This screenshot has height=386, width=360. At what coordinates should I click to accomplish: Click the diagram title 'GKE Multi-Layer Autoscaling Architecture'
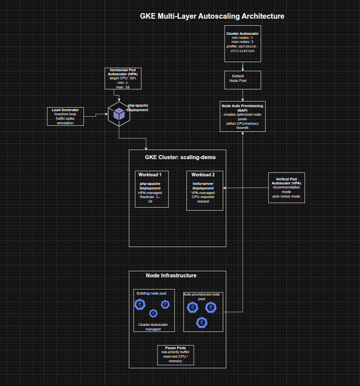click(x=212, y=16)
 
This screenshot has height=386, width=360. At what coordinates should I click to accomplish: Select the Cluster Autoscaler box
click(x=242, y=43)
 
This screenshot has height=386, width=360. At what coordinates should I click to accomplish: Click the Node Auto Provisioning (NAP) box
click(x=243, y=116)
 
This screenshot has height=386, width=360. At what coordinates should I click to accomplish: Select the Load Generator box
click(x=65, y=116)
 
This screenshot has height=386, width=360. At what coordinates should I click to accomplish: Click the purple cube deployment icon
click(x=119, y=114)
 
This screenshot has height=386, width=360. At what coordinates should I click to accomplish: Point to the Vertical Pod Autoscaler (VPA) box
click(x=286, y=187)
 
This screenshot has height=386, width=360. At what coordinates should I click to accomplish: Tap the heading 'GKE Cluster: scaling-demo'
click(x=177, y=157)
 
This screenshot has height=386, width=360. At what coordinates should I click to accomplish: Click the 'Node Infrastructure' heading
click(x=171, y=275)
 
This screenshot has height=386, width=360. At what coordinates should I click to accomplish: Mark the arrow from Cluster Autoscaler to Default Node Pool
click(x=243, y=66)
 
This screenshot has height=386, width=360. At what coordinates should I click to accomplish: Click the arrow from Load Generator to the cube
click(x=96, y=116)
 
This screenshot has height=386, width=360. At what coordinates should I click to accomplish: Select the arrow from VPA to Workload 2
click(x=246, y=188)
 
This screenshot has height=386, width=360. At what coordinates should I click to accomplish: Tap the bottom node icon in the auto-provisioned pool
click(x=202, y=323)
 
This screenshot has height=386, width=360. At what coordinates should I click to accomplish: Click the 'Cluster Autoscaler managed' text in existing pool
click(x=153, y=327)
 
